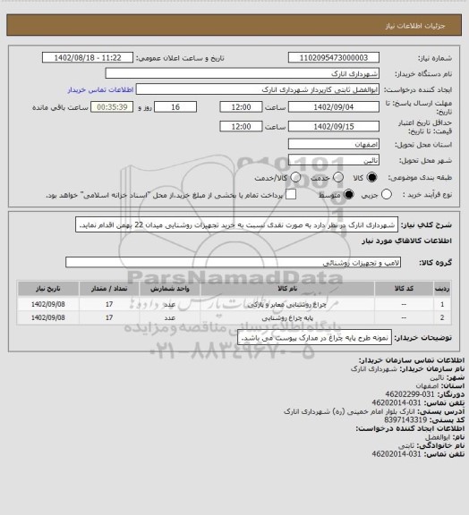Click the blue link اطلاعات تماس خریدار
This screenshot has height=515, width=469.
99,90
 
